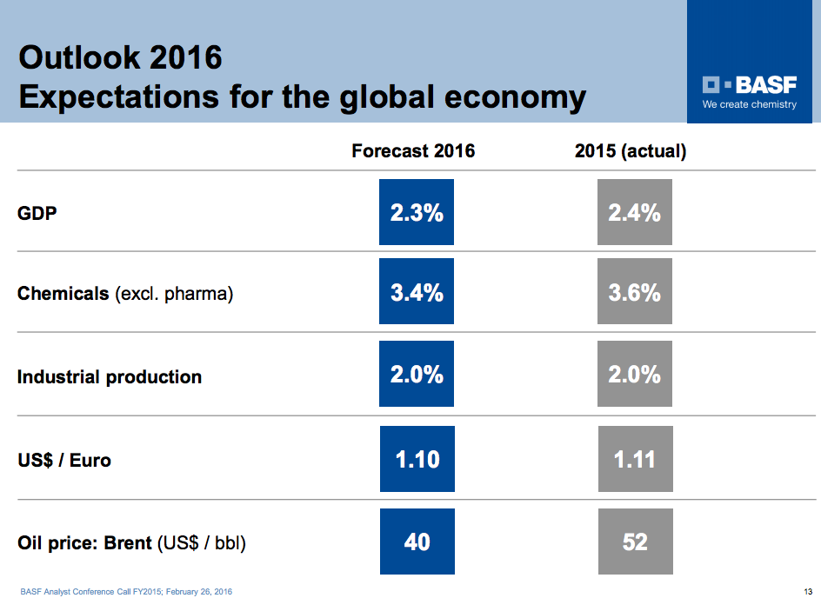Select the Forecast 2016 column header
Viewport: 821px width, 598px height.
[413, 151]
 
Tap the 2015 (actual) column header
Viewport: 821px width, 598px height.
[631, 151]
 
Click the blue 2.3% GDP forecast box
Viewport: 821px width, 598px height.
[417, 212]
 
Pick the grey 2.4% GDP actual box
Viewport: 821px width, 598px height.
[635, 212]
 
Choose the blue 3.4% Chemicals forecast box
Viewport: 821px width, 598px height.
[417, 293]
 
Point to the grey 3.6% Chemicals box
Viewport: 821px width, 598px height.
[635, 293]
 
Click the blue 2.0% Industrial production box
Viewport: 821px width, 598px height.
[417, 375]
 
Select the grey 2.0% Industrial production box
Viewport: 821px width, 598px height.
[635, 375]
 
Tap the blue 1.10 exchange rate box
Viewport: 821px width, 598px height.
[417, 459]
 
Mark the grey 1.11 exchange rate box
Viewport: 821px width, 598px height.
[635, 459]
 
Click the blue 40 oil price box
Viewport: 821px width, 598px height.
[417, 542]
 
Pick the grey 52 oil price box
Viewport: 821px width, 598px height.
[635, 542]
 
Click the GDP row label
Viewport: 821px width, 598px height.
[37, 212]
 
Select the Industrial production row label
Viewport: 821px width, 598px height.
[110, 377]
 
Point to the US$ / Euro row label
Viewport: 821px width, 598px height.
[64, 460]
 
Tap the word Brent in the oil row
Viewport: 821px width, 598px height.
[128, 543]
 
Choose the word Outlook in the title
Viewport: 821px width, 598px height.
[79, 58]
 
